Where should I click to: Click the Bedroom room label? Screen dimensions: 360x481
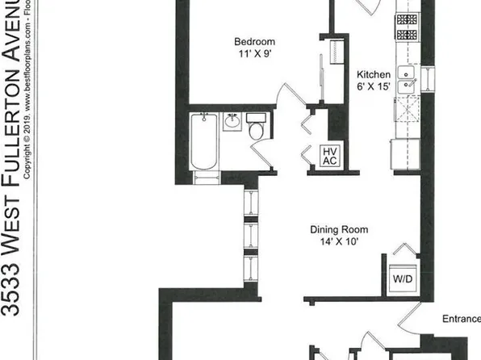click(x=255, y=42)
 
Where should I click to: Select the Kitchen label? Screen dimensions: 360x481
click(x=374, y=75)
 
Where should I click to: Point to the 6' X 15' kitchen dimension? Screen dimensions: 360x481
click(x=374, y=88)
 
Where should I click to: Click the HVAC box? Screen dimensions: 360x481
click(x=329, y=155)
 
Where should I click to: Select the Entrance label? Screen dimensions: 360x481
click(x=461, y=319)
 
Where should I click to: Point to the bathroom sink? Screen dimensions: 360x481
click(x=233, y=123)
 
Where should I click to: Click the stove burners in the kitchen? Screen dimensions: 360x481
click(x=406, y=27)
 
